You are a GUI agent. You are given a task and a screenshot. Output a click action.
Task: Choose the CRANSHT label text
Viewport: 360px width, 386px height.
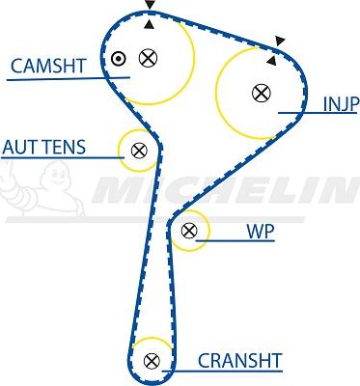[239, 361]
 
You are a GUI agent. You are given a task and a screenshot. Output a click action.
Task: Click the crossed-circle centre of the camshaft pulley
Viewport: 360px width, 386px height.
[148, 58]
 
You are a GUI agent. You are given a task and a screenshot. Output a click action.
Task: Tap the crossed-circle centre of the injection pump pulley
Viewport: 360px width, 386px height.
[260, 93]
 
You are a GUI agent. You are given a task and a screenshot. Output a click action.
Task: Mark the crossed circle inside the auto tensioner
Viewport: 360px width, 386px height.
[139, 150]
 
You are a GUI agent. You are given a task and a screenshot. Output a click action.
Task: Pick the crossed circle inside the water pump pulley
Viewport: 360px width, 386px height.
[189, 230]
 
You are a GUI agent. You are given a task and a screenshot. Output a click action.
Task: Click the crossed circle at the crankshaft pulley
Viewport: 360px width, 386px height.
[151, 361]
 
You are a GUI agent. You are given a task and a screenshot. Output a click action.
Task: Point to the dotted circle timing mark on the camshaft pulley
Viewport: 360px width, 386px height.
[119, 58]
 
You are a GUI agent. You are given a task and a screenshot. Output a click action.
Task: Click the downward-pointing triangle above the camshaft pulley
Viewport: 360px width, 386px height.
[149, 6]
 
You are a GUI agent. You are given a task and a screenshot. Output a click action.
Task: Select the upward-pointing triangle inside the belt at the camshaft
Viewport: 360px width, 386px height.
[149, 27]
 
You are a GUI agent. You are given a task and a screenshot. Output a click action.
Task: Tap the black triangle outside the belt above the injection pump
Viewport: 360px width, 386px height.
[280, 41]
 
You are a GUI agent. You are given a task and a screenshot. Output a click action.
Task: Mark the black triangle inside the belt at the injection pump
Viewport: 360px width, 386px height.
[271, 60]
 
